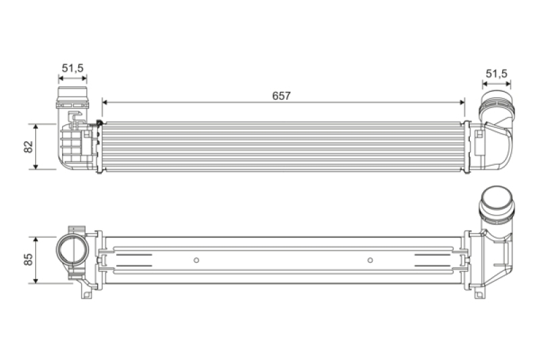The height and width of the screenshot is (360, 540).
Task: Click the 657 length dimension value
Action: (281, 95)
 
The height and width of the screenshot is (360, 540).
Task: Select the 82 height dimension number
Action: (28, 147)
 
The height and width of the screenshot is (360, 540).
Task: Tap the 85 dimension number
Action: (28, 259)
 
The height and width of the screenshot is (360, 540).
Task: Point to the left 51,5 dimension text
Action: (72, 68)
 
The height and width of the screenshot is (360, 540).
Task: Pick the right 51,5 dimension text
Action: (496, 73)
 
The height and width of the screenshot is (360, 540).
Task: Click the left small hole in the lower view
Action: (196, 260)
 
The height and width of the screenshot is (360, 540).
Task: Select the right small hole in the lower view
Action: (370, 260)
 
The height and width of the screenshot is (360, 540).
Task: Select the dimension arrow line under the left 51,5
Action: (72, 78)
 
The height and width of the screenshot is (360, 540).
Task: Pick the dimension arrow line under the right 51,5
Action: (496, 84)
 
